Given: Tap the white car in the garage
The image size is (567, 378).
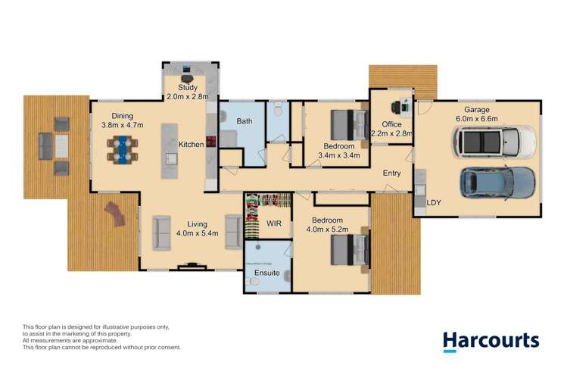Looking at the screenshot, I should click(494, 141).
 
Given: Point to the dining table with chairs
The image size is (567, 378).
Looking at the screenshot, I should click(122, 148).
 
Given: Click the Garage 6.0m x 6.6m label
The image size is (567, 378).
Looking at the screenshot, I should click(476, 114).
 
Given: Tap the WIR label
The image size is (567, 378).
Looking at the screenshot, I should click(274, 224).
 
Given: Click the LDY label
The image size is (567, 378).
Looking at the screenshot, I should click(434, 203).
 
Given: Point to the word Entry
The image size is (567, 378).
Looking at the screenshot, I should click(391, 173).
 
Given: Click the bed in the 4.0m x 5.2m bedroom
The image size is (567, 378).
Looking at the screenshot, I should click(349, 251).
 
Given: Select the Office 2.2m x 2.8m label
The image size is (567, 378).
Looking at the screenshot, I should click(391, 129).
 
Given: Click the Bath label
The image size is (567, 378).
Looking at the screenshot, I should click(244, 121).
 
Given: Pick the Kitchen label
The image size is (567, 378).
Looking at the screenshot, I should click(190, 144).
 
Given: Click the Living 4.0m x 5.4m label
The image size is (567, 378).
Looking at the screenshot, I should click(198, 229).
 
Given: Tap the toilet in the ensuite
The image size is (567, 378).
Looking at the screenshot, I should click(255, 283).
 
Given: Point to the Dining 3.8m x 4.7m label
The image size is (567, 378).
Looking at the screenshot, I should click(123, 120).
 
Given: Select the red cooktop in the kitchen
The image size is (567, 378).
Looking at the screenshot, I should click(211, 142).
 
